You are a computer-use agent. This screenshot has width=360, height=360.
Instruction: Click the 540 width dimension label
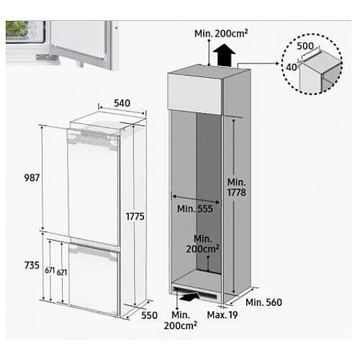(x=122, y=103)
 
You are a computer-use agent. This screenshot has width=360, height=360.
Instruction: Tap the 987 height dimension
(x=32, y=178)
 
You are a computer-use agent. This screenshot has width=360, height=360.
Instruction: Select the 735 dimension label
(x=32, y=266)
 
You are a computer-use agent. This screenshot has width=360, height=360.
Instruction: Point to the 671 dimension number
(x=50, y=270)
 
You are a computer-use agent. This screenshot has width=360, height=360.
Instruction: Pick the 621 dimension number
(x=62, y=272)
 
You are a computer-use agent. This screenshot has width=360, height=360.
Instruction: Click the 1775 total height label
(x=135, y=217)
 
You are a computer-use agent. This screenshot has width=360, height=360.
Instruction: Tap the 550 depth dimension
(x=149, y=315)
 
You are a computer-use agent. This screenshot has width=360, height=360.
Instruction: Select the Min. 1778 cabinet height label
(x=237, y=187)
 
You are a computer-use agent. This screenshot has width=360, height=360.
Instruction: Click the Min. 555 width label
(x=195, y=209)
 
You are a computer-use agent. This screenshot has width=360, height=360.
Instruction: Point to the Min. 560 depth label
(x=264, y=302)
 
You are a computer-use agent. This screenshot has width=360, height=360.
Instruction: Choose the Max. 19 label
(x=222, y=315)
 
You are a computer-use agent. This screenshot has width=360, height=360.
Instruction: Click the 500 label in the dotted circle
(x=305, y=46)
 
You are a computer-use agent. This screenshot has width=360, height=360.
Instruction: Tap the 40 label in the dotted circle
(x=292, y=68)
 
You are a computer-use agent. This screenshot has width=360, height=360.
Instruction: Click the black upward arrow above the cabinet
(x=224, y=55)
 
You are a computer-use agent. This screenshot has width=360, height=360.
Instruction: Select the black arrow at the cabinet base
(x=189, y=297)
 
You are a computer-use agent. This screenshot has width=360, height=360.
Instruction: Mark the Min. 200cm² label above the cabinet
(x=221, y=34)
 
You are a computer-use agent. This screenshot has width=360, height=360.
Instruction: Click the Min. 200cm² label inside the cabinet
(x=203, y=244)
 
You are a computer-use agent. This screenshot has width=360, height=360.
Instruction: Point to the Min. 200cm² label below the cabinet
(x=181, y=320)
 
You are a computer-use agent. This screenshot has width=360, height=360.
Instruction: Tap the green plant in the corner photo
(x=17, y=30)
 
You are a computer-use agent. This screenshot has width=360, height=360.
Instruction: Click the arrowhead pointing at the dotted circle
(x=278, y=63)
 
